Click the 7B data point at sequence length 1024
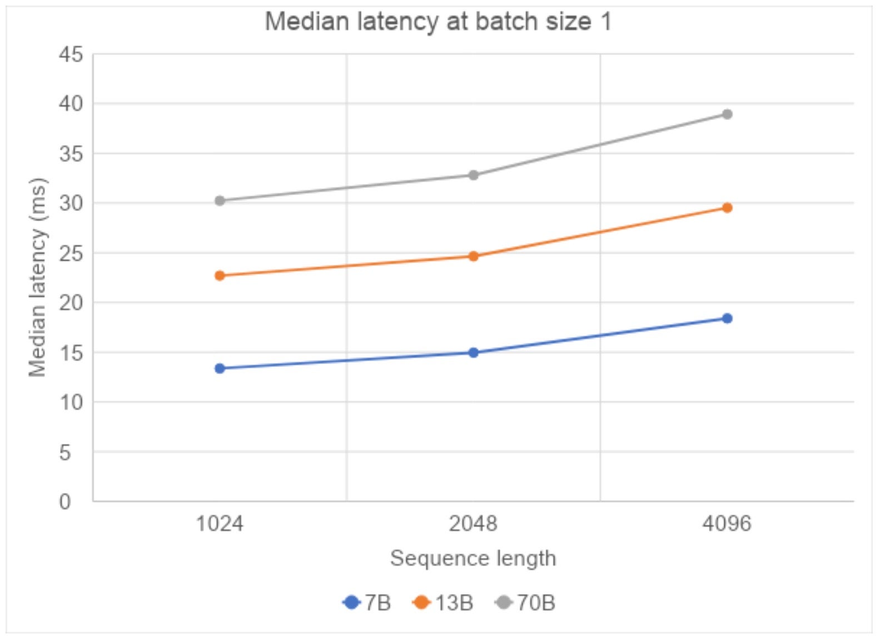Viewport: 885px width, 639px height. [220, 368]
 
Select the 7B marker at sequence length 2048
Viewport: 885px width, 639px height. [473, 352]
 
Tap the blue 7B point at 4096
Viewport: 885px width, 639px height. [727, 318]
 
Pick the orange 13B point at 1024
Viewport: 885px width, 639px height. [220, 276]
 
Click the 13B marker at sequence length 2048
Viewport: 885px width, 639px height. [473, 256]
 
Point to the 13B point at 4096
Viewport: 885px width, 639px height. [727, 208]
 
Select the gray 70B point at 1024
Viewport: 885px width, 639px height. [220, 201]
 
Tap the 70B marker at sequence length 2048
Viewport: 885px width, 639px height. [473, 175]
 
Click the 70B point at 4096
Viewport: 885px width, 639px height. [727, 114]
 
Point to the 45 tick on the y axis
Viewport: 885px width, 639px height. [71, 54]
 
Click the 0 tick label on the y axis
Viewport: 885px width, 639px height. [66, 502]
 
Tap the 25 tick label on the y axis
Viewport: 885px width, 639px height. [71, 253]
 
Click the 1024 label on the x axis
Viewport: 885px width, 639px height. [220, 523]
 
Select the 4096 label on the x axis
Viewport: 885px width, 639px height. [727, 523]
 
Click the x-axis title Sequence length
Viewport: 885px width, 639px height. [473, 558]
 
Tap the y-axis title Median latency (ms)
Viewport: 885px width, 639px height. [37, 278]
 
